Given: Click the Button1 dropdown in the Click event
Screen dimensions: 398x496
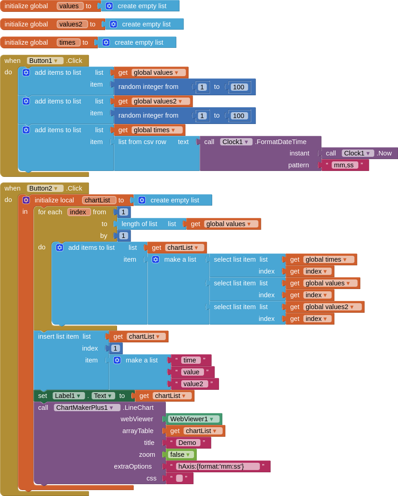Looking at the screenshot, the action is pos(43,61).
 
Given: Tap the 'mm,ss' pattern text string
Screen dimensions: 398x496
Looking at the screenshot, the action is pos(344,165).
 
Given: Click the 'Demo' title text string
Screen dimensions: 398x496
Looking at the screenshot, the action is pos(187,443).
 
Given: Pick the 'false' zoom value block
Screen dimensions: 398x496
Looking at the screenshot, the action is pos(179,455).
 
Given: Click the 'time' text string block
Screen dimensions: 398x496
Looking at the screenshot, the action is pos(190,360).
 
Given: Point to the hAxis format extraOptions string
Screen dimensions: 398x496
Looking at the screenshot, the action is pos(218,466).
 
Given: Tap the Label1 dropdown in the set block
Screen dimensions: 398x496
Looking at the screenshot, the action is pos(68,396).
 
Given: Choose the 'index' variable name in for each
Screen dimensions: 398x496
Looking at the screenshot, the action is pos(79,212).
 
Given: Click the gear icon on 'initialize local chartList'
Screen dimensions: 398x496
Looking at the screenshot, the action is pos(26,200).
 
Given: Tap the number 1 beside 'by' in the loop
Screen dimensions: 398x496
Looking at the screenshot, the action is pos(123,236).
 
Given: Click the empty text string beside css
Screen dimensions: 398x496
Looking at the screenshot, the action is pos(179,478).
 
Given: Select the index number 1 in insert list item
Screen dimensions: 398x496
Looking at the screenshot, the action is pos(115,348).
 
